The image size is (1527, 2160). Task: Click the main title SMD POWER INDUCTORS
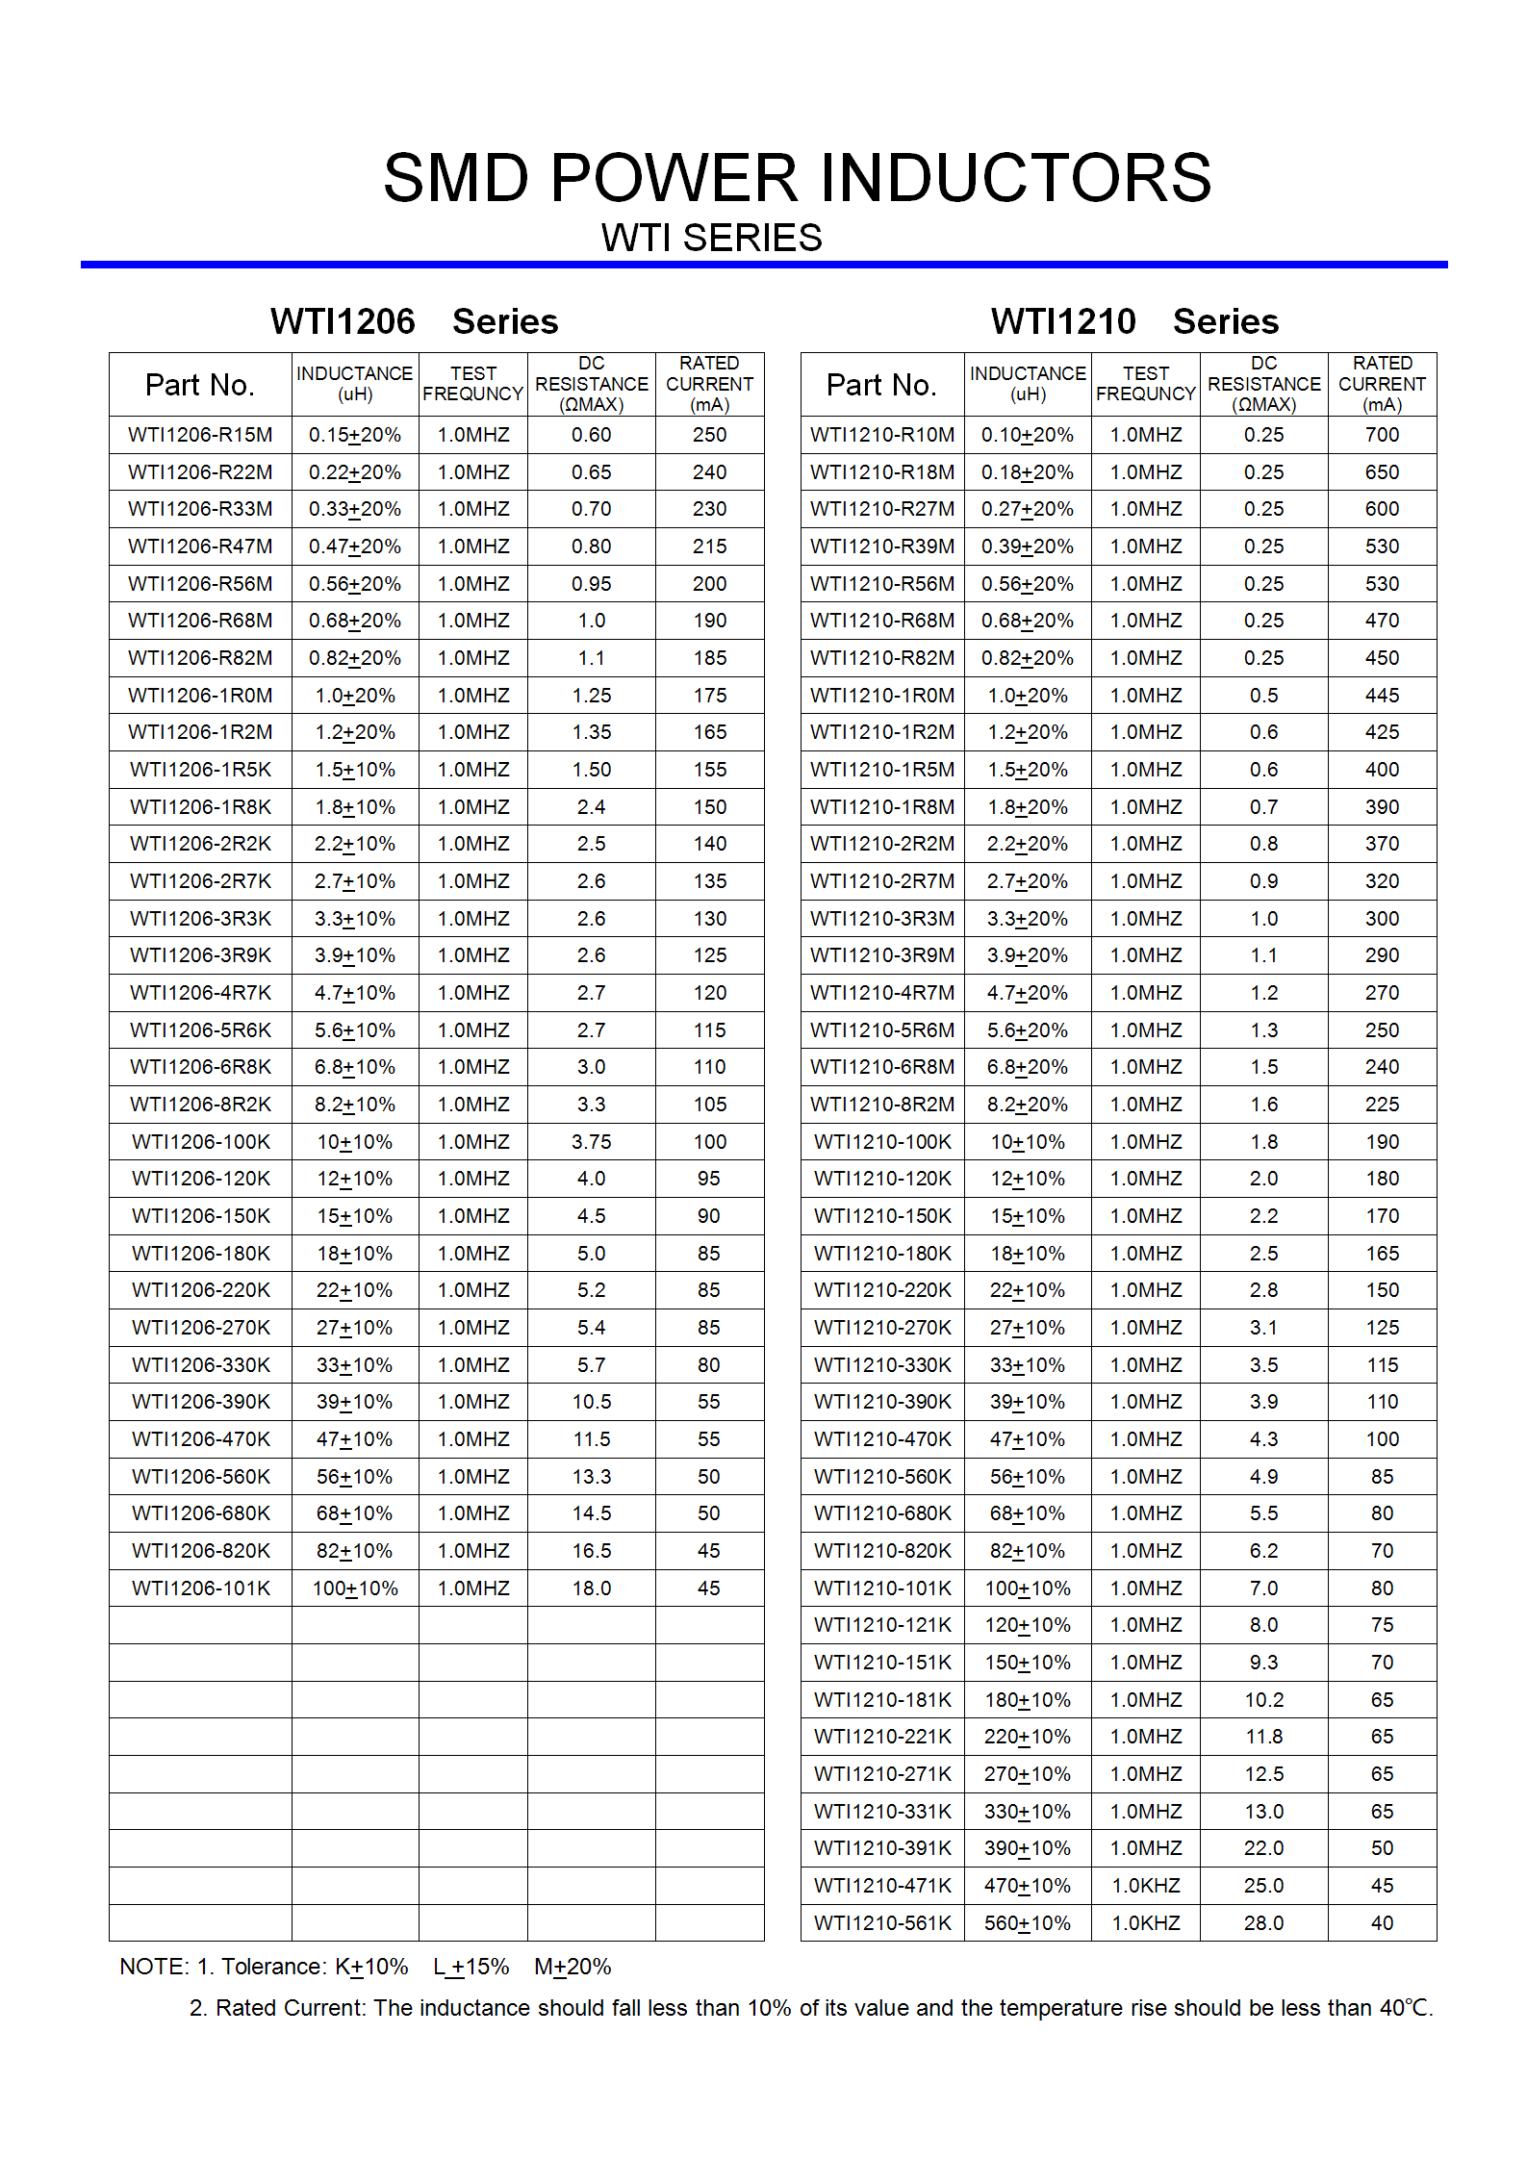(797, 179)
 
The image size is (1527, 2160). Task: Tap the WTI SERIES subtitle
(711, 238)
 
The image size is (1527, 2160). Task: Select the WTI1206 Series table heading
(414, 321)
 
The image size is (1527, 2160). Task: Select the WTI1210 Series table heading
(1134, 321)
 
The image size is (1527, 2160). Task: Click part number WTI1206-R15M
(200, 435)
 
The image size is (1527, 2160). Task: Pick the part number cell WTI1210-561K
(882, 1922)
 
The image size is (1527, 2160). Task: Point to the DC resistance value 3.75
(591, 1142)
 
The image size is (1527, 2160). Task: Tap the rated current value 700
(1382, 435)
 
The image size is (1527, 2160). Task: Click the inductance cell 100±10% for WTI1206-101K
(355, 1588)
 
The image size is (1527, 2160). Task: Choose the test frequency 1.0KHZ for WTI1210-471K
(1145, 1886)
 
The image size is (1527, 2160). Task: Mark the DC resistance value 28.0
(1263, 1922)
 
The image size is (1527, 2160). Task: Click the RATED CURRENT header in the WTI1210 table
(1382, 384)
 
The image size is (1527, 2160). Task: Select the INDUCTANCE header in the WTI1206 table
(354, 384)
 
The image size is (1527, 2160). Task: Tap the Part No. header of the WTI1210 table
(881, 385)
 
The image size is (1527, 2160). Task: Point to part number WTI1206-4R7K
(200, 993)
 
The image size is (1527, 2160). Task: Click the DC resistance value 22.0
(1263, 1848)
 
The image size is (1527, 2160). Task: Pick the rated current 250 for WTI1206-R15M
(709, 435)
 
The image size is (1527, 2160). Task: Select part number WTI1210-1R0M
(882, 696)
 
